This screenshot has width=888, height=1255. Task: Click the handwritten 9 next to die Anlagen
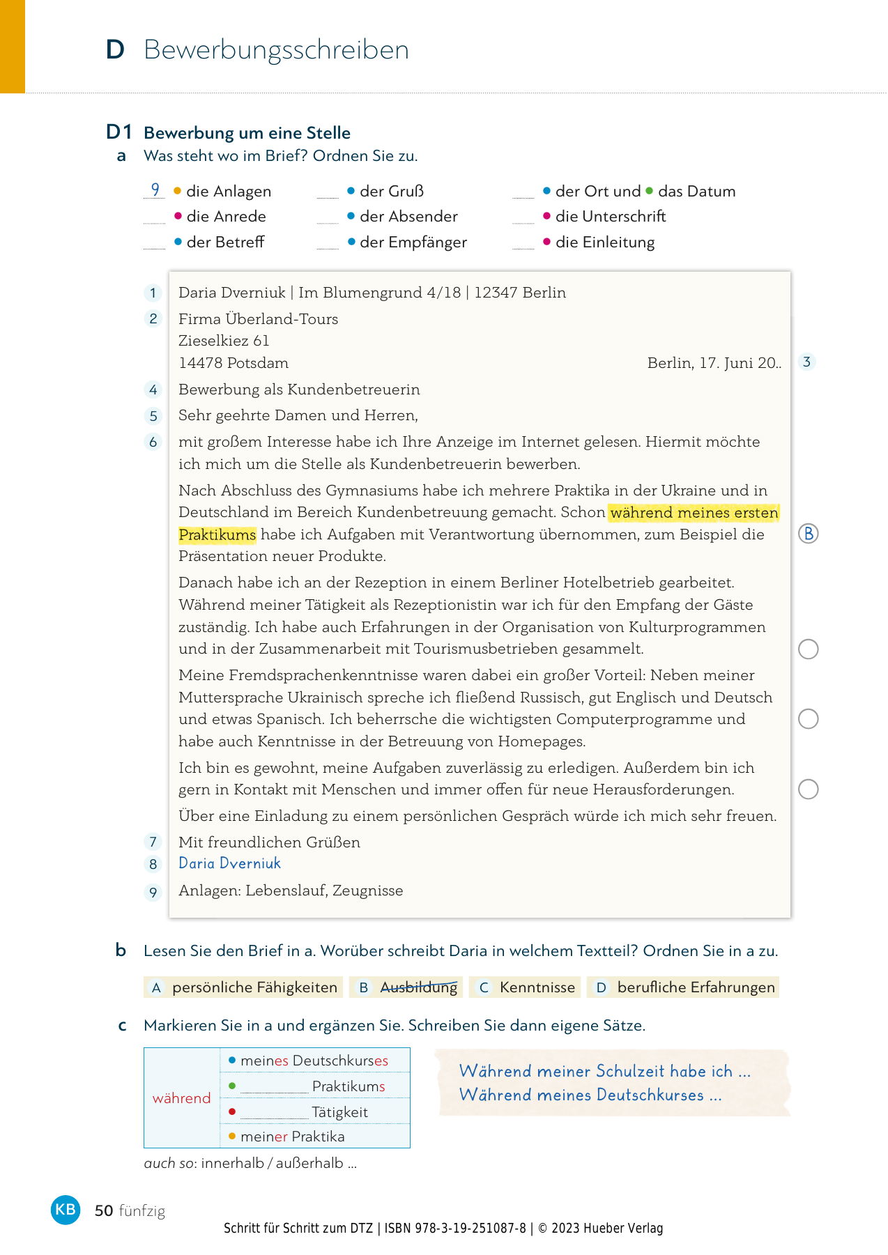tap(155, 190)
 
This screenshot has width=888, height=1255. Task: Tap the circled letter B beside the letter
tap(808, 534)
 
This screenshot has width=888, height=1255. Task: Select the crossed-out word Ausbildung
tap(418, 987)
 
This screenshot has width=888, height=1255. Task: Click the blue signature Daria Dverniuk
tap(229, 863)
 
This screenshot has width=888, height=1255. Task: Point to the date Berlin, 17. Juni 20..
tap(714, 363)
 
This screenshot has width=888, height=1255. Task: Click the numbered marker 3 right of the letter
tap(806, 362)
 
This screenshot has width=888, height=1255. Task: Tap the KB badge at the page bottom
tap(66, 1209)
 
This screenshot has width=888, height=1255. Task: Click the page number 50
tap(104, 1210)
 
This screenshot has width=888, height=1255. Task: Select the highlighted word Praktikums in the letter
tap(217, 534)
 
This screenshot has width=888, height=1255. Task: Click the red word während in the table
tap(181, 1098)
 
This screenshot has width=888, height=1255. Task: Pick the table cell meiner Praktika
tap(292, 1137)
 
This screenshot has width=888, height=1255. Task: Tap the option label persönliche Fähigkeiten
tap(254, 987)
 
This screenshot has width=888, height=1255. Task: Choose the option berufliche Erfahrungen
tap(696, 987)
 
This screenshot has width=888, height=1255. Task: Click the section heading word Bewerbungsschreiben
tap(276, 50)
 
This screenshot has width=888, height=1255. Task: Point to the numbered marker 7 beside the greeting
tap(153, 842)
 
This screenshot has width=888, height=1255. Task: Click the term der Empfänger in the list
tap(413, 242)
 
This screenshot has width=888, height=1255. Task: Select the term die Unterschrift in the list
tap(610, 217)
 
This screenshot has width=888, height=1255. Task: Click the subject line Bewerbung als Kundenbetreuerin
tap(299, 390)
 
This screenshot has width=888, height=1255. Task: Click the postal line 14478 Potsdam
tap(234, 363)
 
